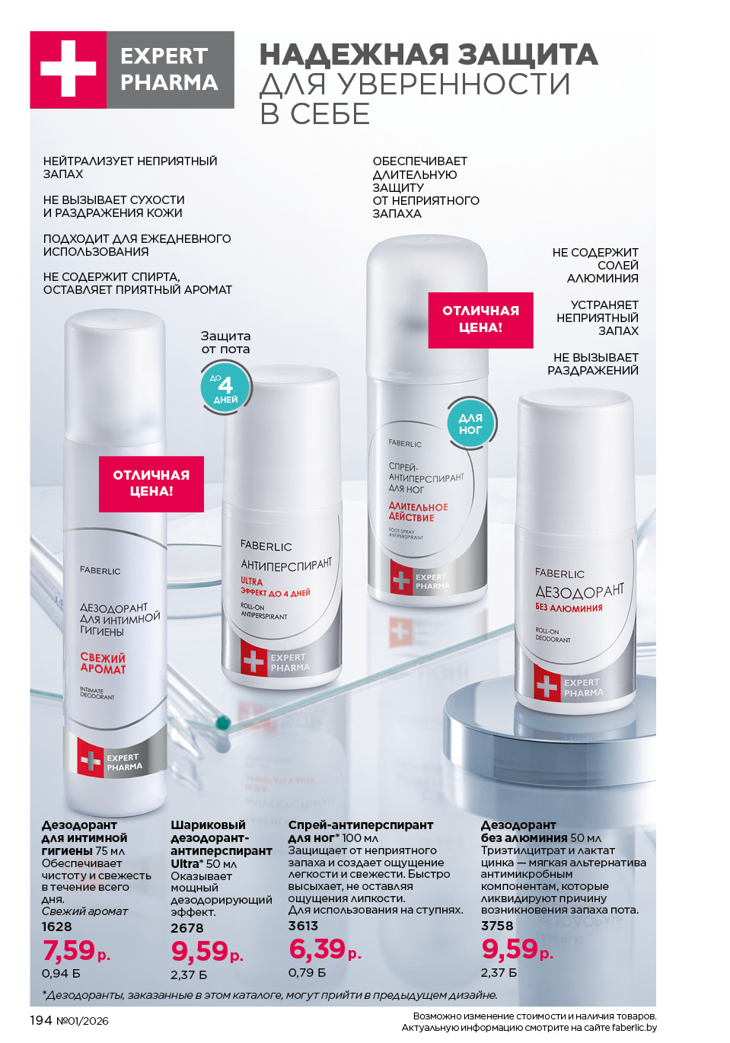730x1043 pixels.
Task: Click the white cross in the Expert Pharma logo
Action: tap(68, 69)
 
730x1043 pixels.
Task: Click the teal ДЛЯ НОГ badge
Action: tap(470, 423)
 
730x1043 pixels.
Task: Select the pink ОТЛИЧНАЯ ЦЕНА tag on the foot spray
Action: tap(480, 320)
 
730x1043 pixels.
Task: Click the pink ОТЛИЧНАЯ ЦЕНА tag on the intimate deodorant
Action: tap(151, 483)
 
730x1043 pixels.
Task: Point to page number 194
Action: tap(41, 1021)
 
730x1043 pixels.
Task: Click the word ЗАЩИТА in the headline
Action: tap(528, 55)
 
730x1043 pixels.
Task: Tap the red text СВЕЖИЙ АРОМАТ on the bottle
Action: tap(103, 663)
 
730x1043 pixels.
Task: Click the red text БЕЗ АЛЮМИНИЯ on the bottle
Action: tap(569, 608)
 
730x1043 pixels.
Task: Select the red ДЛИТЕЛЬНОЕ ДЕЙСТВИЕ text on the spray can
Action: tap(418, 512)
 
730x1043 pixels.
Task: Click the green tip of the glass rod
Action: tap(224, 722)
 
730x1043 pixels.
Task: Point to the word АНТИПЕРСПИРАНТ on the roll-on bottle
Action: tap(286, 564)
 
